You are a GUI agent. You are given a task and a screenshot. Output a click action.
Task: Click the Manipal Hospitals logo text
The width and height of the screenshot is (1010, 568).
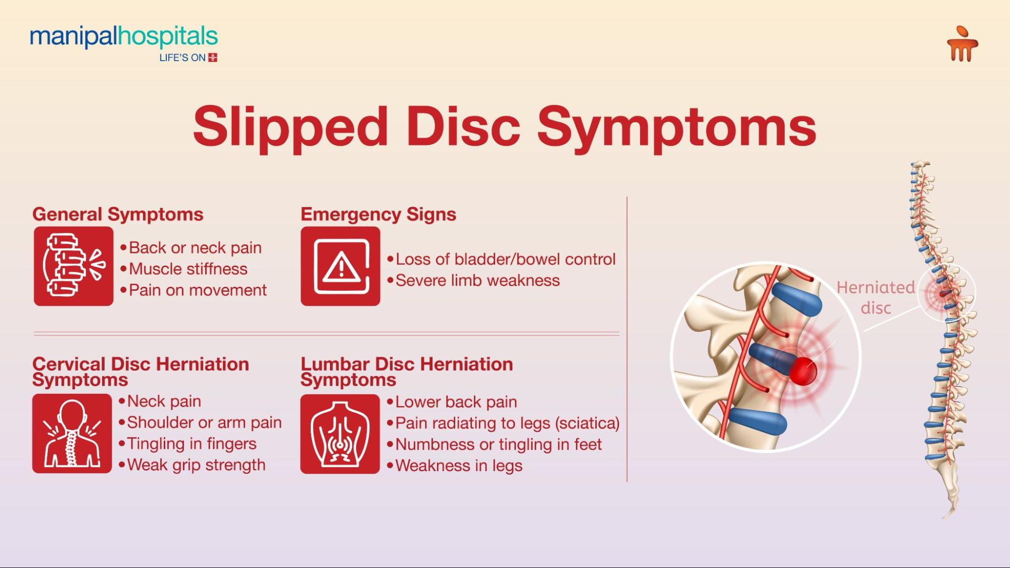pyautogui.click(x=124, y=37)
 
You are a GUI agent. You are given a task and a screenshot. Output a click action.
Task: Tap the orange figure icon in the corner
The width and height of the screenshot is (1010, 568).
pyautogui.click(x=963, y=44)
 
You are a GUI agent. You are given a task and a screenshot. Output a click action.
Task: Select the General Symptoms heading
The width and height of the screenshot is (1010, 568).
pyautogui.click(x=118, y=214)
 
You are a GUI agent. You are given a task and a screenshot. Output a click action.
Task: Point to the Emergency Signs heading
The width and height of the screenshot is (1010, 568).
pyautogui.click(x=378, y=215)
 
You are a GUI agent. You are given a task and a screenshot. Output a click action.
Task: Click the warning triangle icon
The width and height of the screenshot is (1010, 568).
pyautogui.click(x=341, y=266)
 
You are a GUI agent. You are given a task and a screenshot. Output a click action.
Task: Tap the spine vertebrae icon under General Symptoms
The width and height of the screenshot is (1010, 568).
pyautogui.click(x=74, y=266)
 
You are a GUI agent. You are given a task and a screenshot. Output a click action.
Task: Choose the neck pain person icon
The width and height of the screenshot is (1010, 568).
pyautogui.click(x=72, y=434)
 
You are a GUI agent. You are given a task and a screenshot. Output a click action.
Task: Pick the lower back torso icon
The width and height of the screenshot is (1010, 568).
pyautogui.click(x=340, y=434)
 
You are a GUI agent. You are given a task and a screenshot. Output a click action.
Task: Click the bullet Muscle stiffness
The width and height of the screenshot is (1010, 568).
pyautogui.click(x=184, y=269)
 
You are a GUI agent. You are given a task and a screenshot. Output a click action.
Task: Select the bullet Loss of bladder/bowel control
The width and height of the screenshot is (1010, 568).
pyautogui.click(x=501, y=259)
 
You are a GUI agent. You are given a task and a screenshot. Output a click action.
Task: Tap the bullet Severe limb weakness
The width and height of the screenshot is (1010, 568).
pyautogui.click(x=473, y=280)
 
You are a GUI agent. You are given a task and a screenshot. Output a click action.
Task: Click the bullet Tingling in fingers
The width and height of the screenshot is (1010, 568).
pyautogui.click(x=187, y=444)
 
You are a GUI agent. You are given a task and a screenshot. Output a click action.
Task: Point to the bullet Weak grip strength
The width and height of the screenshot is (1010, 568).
pyautogui.click(x=192, y=465)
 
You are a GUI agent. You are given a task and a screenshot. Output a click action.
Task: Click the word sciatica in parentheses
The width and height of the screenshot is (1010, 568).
pyautogui.click(x=587, y=423)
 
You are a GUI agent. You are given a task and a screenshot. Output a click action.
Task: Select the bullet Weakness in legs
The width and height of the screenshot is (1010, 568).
pyautogui.click(x=454, y=466)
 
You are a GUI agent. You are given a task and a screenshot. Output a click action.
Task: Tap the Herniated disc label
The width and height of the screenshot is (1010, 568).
pyautogui.click(x=876, y=297)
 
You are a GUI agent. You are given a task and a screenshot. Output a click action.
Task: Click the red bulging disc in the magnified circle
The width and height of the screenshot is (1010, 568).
pyautogui.click(x=802, y=371)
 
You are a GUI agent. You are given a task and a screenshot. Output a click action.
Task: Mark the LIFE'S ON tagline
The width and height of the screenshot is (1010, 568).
pyautogui.click(x=182, y=58)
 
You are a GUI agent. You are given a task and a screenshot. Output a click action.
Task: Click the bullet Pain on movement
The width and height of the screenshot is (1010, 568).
pyautogui.click(x=193, y=290)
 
